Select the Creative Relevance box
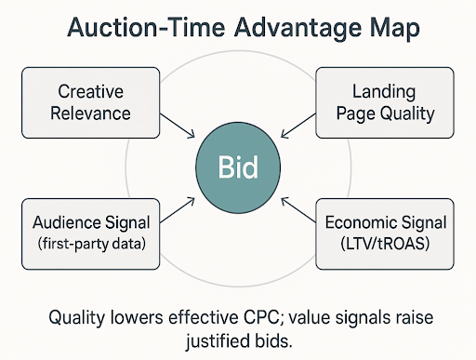(89, 103)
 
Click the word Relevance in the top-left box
(89, 114)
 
